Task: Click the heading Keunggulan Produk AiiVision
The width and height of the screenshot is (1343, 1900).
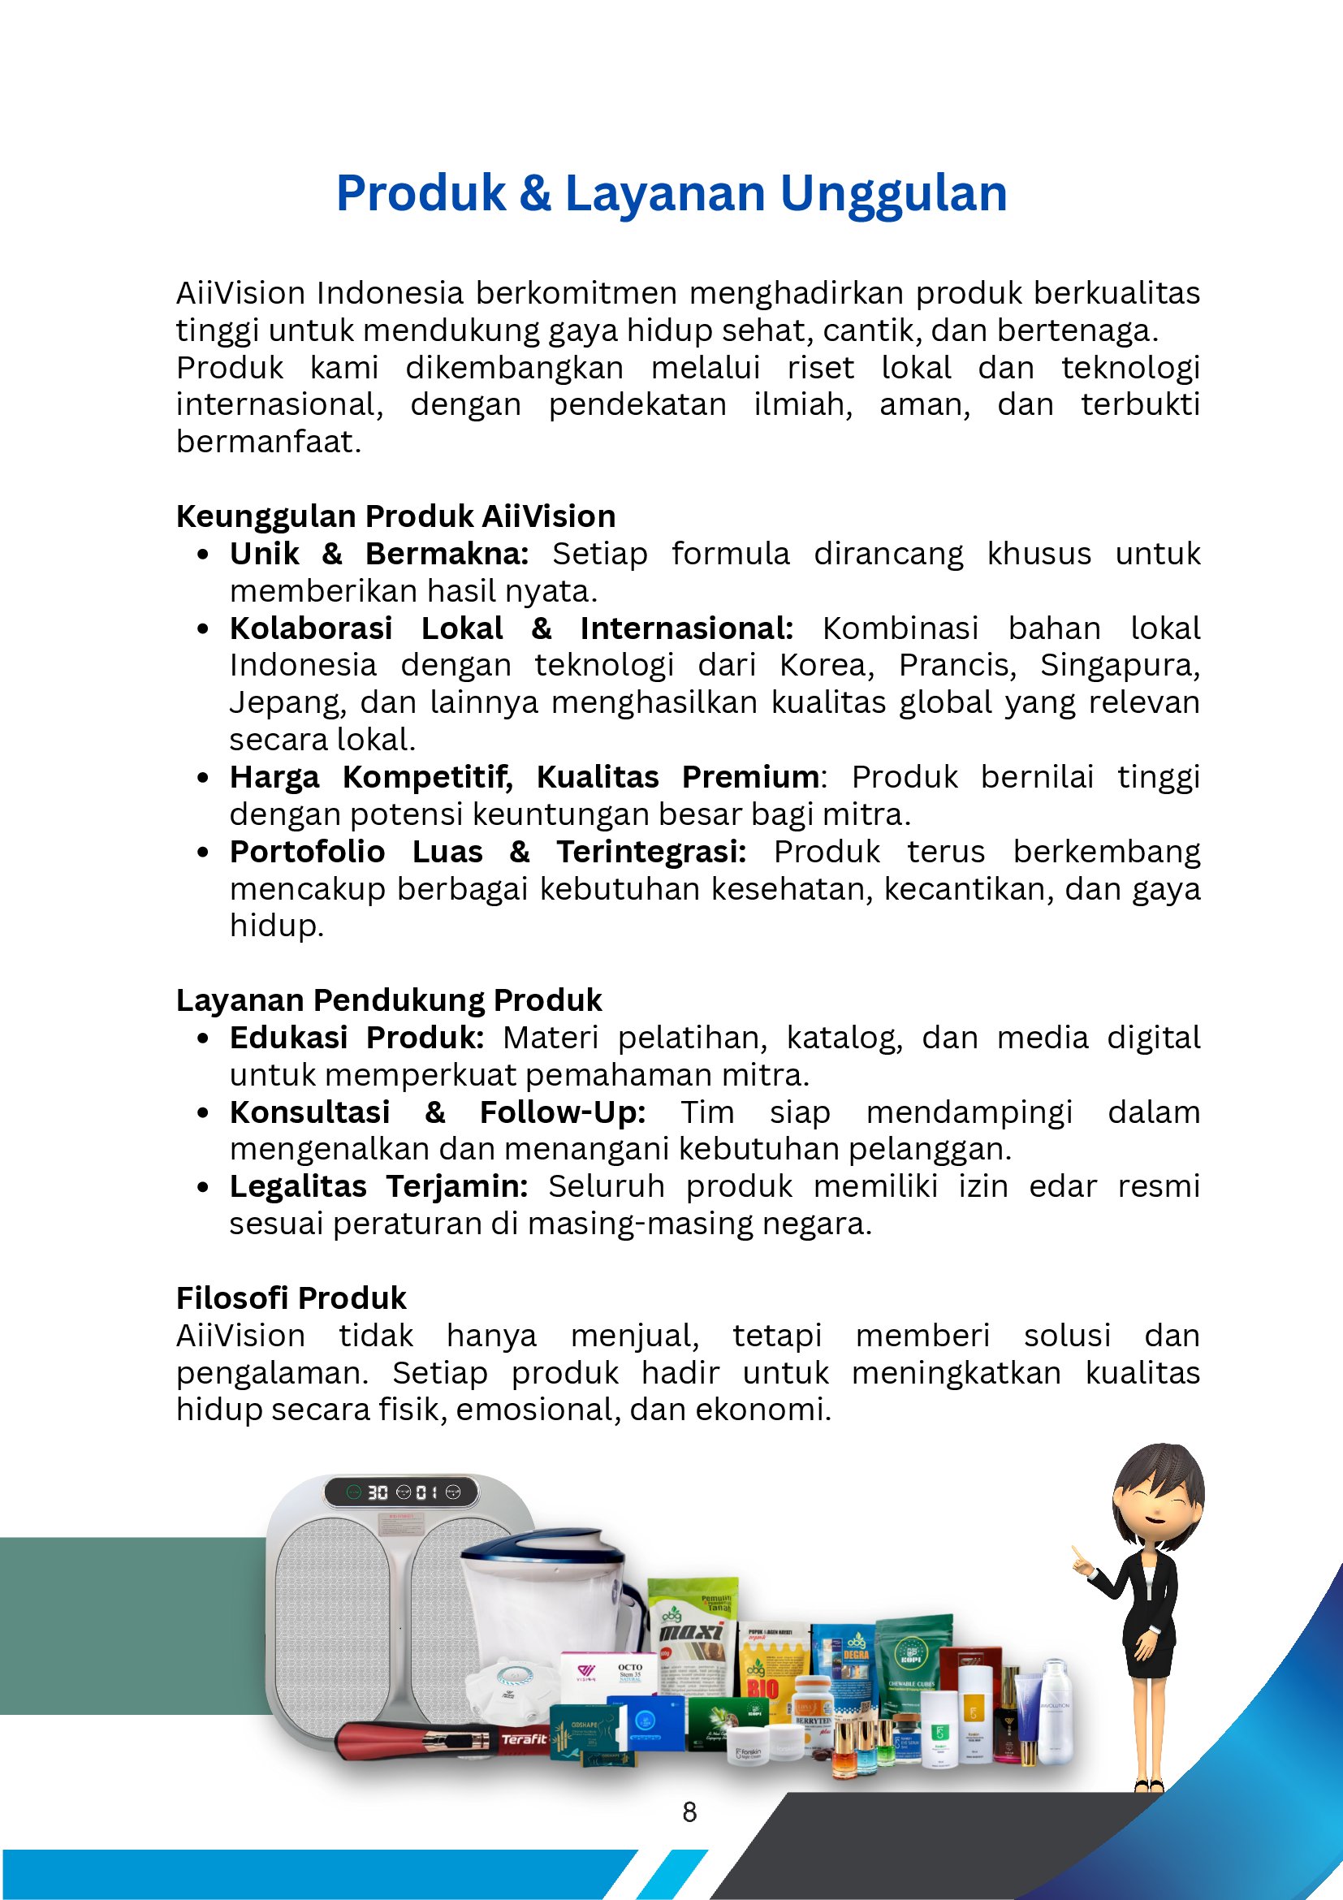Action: point(395,516)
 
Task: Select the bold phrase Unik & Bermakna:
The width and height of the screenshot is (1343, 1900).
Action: point(379,554)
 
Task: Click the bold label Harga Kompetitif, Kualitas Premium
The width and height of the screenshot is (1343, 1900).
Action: point(525,777)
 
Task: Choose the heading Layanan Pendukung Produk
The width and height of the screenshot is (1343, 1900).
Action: point(389,1000)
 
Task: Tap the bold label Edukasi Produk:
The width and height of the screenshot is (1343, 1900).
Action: point(356,1038)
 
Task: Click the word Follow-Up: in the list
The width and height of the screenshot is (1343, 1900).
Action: point(563,1112)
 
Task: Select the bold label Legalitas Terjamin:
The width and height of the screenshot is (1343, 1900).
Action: point(379,1186)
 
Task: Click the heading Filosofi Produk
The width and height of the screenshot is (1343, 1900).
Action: point(291,1298)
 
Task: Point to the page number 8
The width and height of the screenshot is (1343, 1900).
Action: point(689,1812)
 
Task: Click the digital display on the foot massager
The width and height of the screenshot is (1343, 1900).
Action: point(400,1492)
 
